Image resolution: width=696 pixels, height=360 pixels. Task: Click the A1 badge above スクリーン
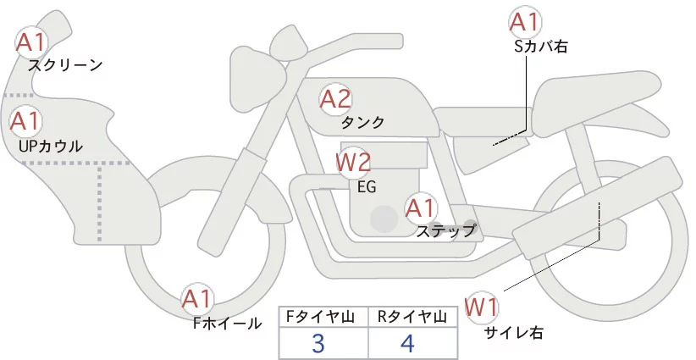(x=33, y=41)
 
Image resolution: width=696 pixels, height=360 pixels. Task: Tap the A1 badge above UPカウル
(x=25, y=121)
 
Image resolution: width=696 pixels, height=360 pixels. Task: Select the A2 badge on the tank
(x=335, y=100)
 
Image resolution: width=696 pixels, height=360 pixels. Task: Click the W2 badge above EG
(x=354, y=161)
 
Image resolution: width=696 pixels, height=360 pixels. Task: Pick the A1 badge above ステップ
(x=421, y=208)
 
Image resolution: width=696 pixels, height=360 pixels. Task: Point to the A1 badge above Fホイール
(x=198, y=299)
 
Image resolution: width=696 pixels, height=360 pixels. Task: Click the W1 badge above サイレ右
(x=483, y=306)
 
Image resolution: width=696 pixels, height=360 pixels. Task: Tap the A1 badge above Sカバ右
(x=523, y=22)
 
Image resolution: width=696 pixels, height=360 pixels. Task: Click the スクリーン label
(x=65, y=65)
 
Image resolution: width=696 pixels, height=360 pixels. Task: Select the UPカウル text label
(x=50, y=146)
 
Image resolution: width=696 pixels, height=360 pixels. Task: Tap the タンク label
(x=363, y=123)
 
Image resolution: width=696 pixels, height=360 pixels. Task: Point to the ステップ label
(x=446, y=230)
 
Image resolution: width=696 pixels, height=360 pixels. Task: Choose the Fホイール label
(x=228, y=323)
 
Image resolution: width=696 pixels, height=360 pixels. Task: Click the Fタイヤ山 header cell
(x=323, y=318)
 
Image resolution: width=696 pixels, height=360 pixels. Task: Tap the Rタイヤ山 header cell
(x=412, y=318)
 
